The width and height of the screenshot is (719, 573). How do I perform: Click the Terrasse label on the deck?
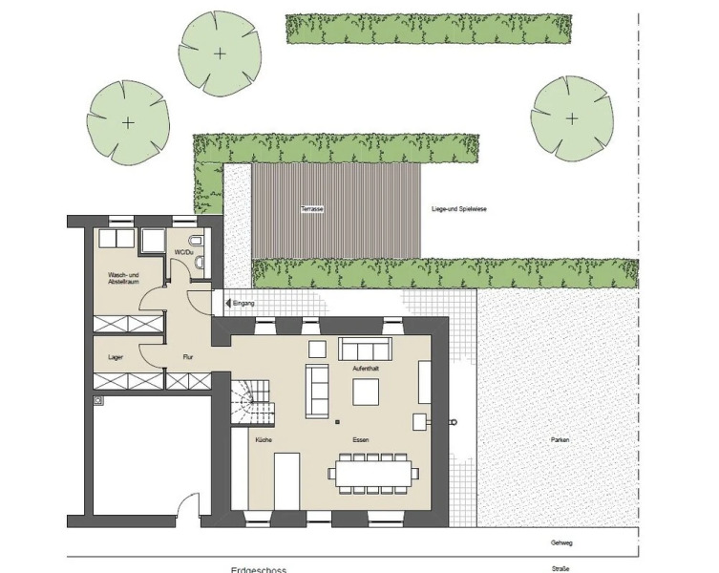pyautogui.click(x=310, y=208)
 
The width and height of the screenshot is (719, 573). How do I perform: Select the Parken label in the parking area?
pyautogui.click(x=560, y=439)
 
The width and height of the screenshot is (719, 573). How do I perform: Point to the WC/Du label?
pyautogui.click(x=182, y=252)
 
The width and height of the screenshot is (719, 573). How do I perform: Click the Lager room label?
pyautogui.click(x=115, y=357)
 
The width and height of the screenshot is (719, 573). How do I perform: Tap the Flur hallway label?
pyautogui.click(x=189, y=357)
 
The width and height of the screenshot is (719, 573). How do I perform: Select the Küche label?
pyautogui.click(x=264, y=439)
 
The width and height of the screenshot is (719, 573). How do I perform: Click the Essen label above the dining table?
pyautogui.click(x=360, y=439)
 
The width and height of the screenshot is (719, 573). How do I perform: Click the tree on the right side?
pyautogui.click(x=571, y=118)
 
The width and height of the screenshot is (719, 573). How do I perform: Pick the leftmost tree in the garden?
pyautogui.click(x=128, y=121)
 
